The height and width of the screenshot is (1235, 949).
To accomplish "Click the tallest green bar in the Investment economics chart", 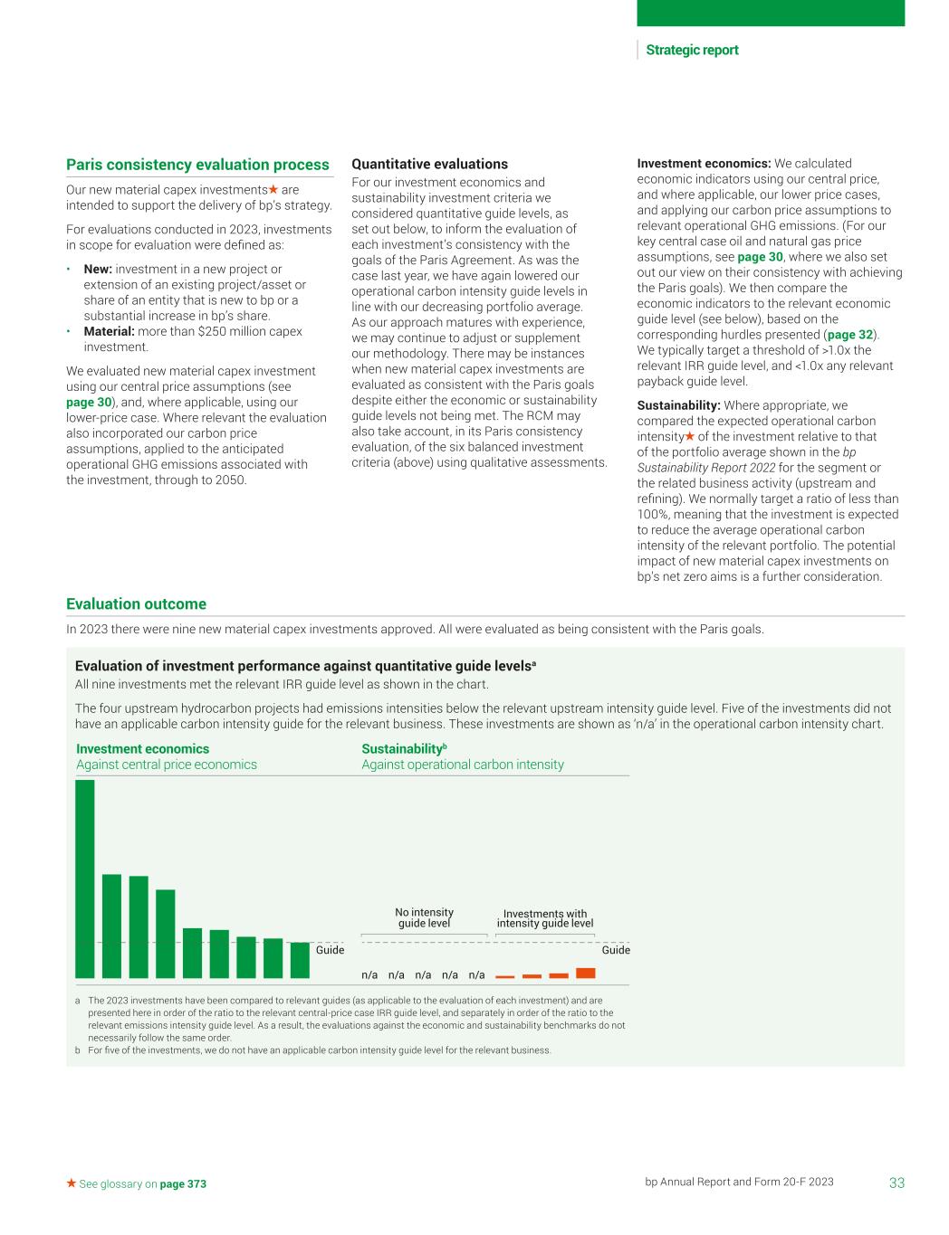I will (85, 879).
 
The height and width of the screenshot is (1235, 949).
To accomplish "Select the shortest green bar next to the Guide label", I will (300, 960).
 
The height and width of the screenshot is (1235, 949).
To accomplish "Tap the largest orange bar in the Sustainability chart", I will (586, 973).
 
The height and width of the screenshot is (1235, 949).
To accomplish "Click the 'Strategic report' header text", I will (692, 51).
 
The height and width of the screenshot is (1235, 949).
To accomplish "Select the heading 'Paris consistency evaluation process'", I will (197, 165).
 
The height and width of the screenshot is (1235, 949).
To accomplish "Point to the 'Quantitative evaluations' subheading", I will (429, 164).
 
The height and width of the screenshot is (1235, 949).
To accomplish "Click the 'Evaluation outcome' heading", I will (136, 603).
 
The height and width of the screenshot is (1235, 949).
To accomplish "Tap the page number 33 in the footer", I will (896, 1183).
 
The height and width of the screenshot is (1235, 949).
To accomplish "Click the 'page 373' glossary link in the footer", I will (183, 1183).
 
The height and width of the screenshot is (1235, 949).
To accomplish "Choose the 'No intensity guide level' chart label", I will (424, 917).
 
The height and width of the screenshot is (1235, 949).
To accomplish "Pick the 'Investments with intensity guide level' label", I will (545, 918).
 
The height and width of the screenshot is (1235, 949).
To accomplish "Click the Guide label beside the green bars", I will (330, 950).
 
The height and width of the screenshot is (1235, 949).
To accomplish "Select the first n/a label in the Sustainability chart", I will (369, 975).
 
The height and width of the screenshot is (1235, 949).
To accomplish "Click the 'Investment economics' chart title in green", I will (142, 749).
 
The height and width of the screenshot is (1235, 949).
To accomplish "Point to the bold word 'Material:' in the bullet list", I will (109, 331).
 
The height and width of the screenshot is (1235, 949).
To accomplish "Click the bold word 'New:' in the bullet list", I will (98, 269).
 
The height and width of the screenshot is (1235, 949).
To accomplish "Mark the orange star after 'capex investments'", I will (273, 190).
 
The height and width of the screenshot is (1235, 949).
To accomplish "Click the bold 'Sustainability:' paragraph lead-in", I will (679, 405).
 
